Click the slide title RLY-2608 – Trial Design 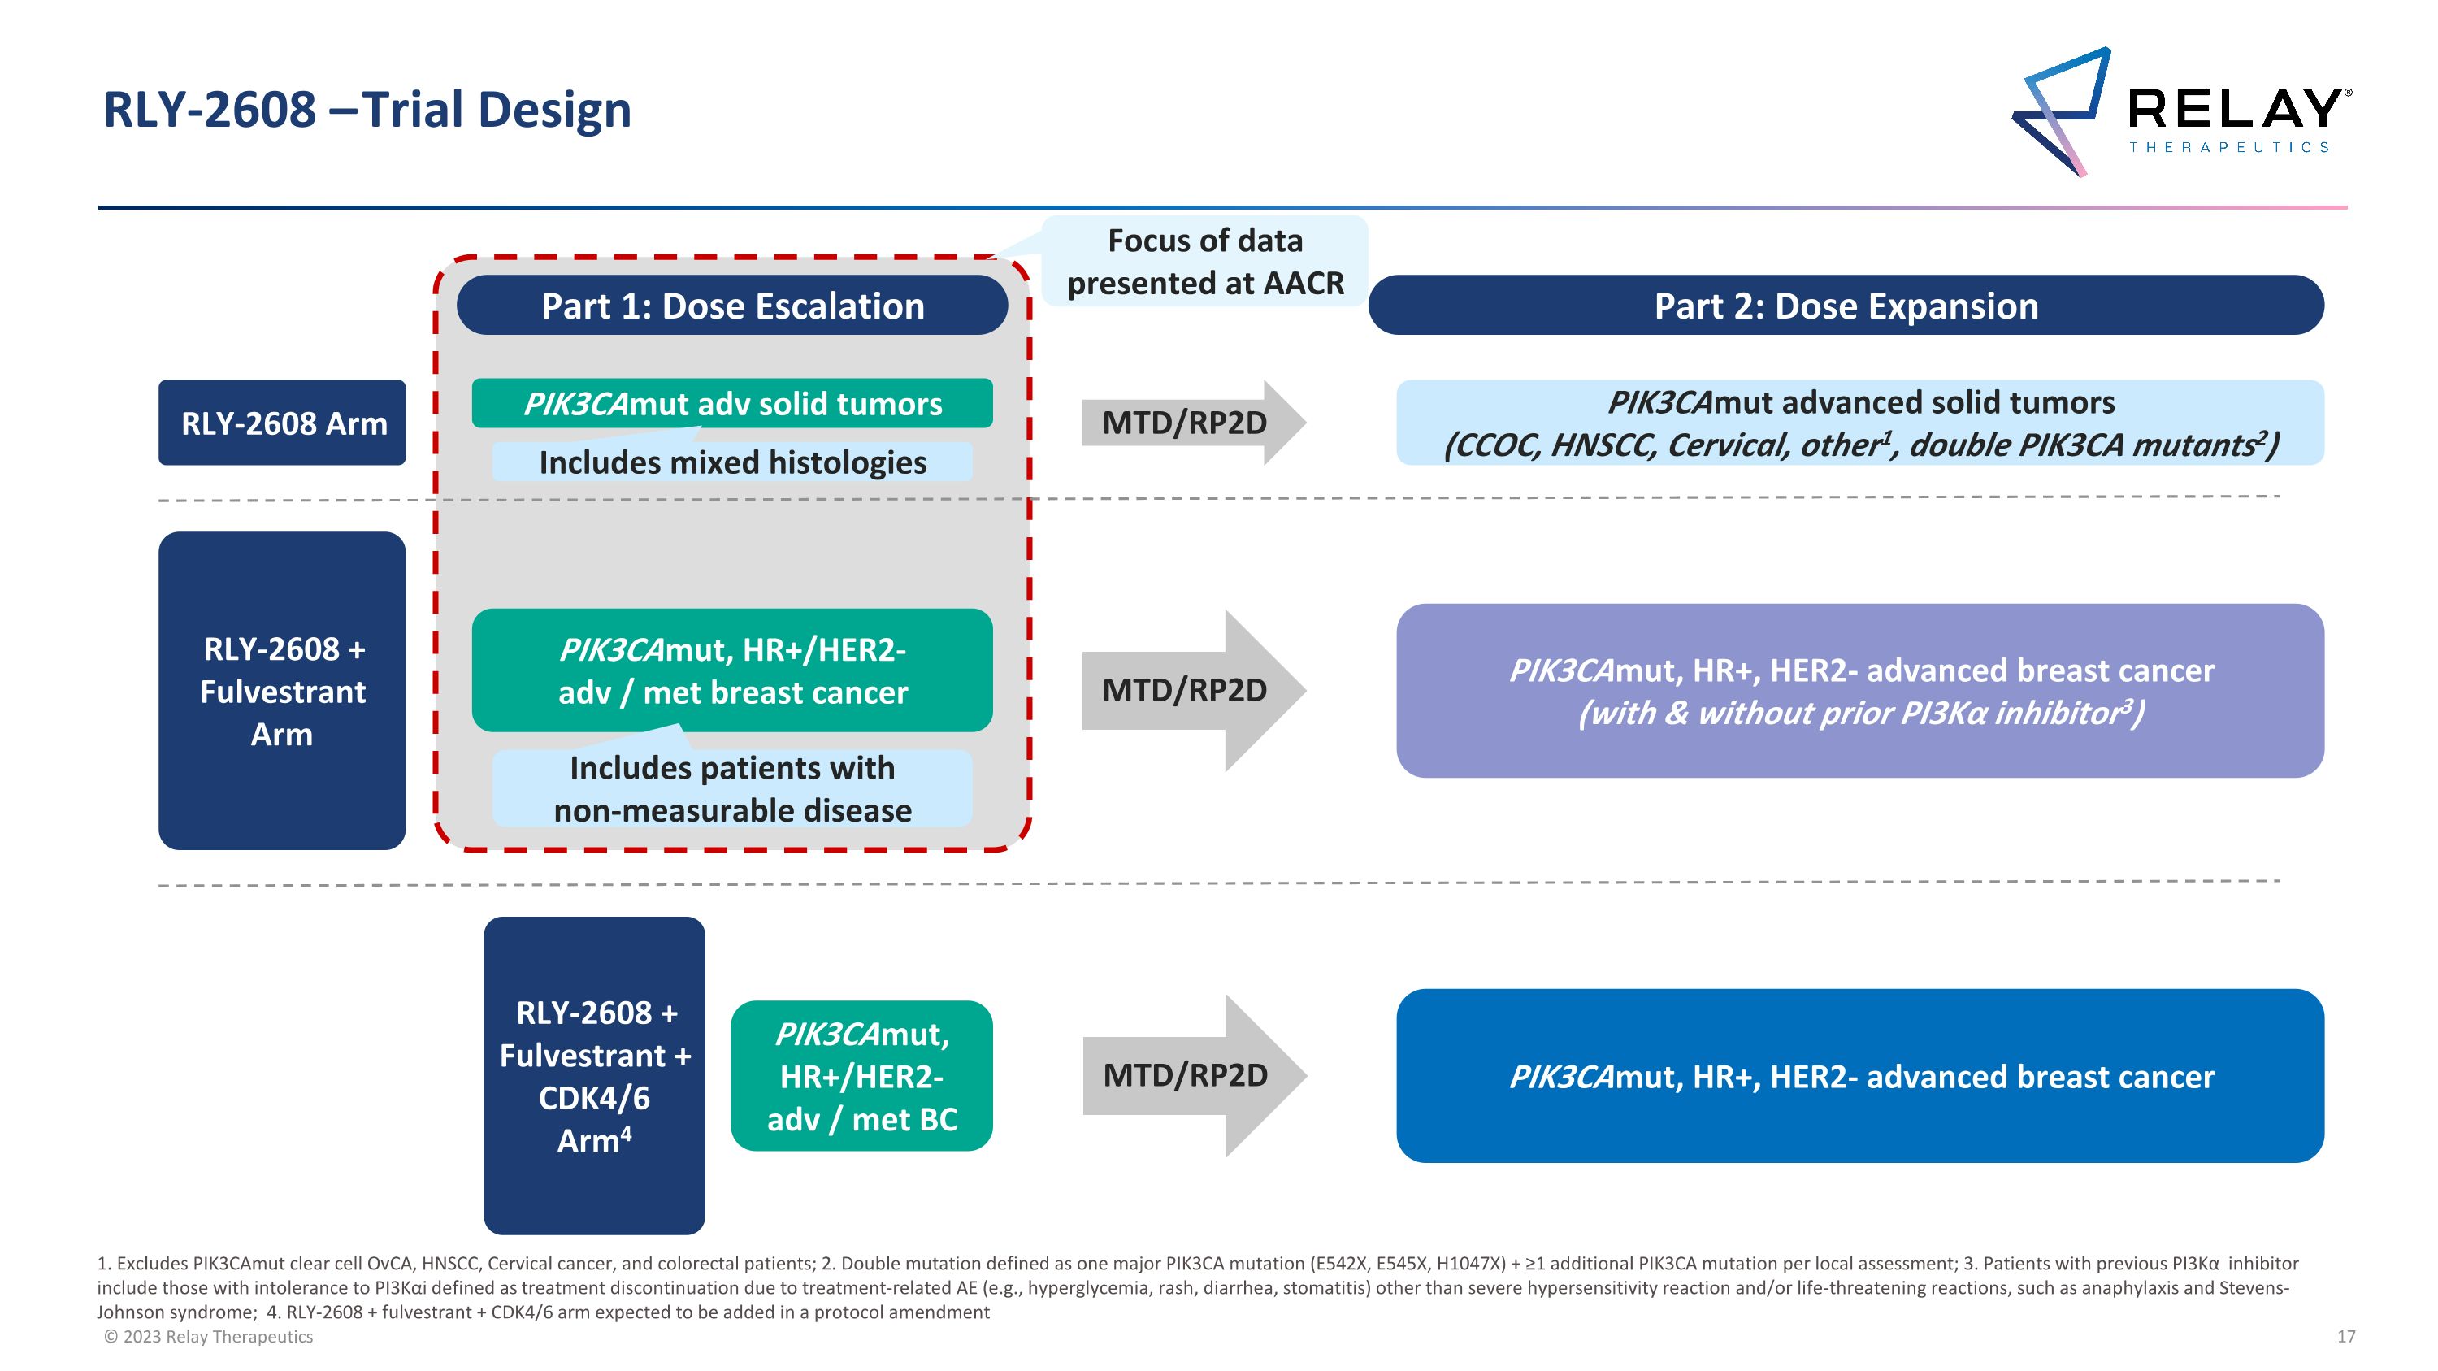pyautogui.click(x=367, y=110)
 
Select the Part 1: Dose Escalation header pyautogui.click(x=731, y=306)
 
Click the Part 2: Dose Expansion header pyautogui.click(x=1845, y=306)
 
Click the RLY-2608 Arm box pyautogui.click(x=282, y=423)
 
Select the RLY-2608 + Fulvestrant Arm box pyautogui.click(x=282, y=691)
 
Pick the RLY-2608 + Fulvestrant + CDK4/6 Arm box pyautogui.click(x=593, y=1076)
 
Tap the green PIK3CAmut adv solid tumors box pyautogui.click(x=731, y=403)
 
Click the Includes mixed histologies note pyautogui.click(x=731, y=462)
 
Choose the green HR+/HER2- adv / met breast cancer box pyautogui.click(x=731, y=670)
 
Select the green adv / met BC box pyautogui.click(x=861, y=1076)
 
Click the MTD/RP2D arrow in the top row pyautogui.click(x=1188, y=423)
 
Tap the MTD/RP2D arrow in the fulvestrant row pyautogui.click(x=1188, y=691)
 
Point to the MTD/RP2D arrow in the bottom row pyautogui.click(x=1188, y=1076)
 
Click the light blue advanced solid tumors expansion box pyautogui.click(x=1859, y=423)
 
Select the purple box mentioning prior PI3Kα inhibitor pyautogui.click(x=1859, y=691)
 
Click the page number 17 pyautogui.click(x=2345, y=1337)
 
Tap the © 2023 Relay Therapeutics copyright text pyautogui.click(x=208, y=1337)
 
